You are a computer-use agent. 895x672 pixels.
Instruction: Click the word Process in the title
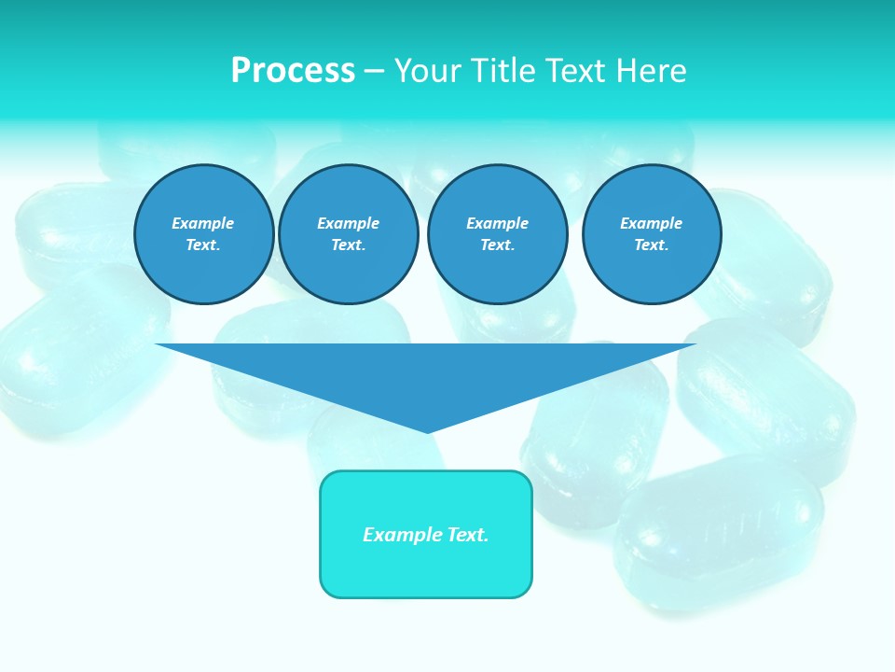(x=293, y=71)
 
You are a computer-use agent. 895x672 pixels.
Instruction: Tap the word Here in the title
(x=651, y=71)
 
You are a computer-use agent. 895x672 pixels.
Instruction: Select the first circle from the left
(x=203, y=234)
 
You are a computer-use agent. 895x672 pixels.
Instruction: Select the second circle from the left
(x=348, y=234)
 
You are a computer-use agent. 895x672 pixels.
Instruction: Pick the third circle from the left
(x=497, y=234)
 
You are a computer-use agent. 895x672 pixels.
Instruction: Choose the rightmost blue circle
(x=651, y=234)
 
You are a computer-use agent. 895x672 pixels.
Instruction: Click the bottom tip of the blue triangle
(x=427, y=430)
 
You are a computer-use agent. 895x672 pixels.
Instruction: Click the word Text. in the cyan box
(x=468, y=535)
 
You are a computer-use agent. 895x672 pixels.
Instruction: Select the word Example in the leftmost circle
(x=203, y=223)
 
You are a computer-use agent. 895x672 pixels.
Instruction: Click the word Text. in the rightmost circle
(x=651, y=245)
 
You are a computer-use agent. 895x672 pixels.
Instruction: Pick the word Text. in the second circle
(x=348, y=245)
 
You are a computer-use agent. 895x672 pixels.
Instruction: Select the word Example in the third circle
(x=497, y=223)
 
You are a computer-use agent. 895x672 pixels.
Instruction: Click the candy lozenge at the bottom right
(x=718, y=532)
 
